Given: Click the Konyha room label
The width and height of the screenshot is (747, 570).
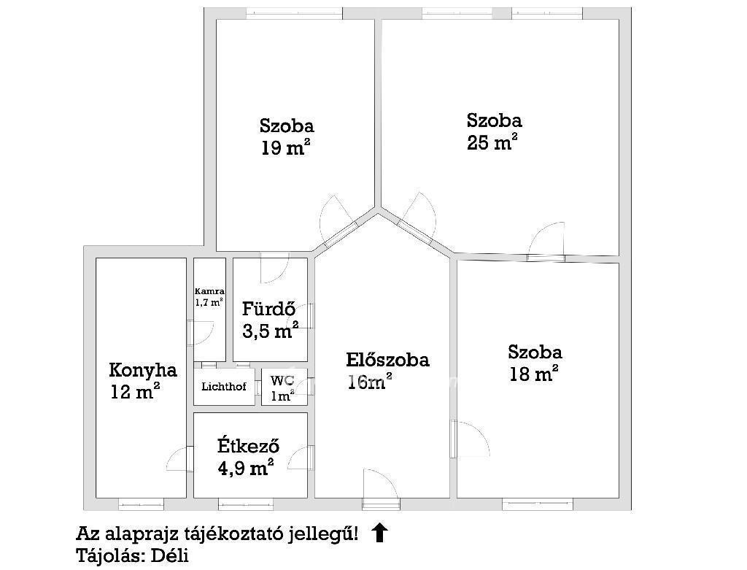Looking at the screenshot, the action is (143, 370).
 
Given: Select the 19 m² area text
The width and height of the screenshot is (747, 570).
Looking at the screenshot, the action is (286, 147).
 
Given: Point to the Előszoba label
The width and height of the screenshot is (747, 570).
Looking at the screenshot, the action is (387, 359).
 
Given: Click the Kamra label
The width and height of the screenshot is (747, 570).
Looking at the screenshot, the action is (209, 291).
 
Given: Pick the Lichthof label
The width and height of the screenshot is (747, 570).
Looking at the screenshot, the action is (224, 386).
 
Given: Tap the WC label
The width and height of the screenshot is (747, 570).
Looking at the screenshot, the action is (282, 381).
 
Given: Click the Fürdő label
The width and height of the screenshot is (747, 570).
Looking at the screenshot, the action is (268, 309).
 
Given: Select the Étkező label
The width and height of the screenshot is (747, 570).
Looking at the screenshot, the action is (248, 446).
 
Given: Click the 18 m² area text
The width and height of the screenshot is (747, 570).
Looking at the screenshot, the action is (533, 374).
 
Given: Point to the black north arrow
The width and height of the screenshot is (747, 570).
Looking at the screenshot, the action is (379, 532).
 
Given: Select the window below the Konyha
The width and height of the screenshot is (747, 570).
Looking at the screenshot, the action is (141, 504).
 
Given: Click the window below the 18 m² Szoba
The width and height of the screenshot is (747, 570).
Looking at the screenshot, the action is (538, 504).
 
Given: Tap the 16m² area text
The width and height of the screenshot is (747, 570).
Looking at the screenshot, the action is (370, 382).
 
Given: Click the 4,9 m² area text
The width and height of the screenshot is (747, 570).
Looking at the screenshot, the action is (245, 468).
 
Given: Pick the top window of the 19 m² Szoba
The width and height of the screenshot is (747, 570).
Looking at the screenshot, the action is (295, 13).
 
